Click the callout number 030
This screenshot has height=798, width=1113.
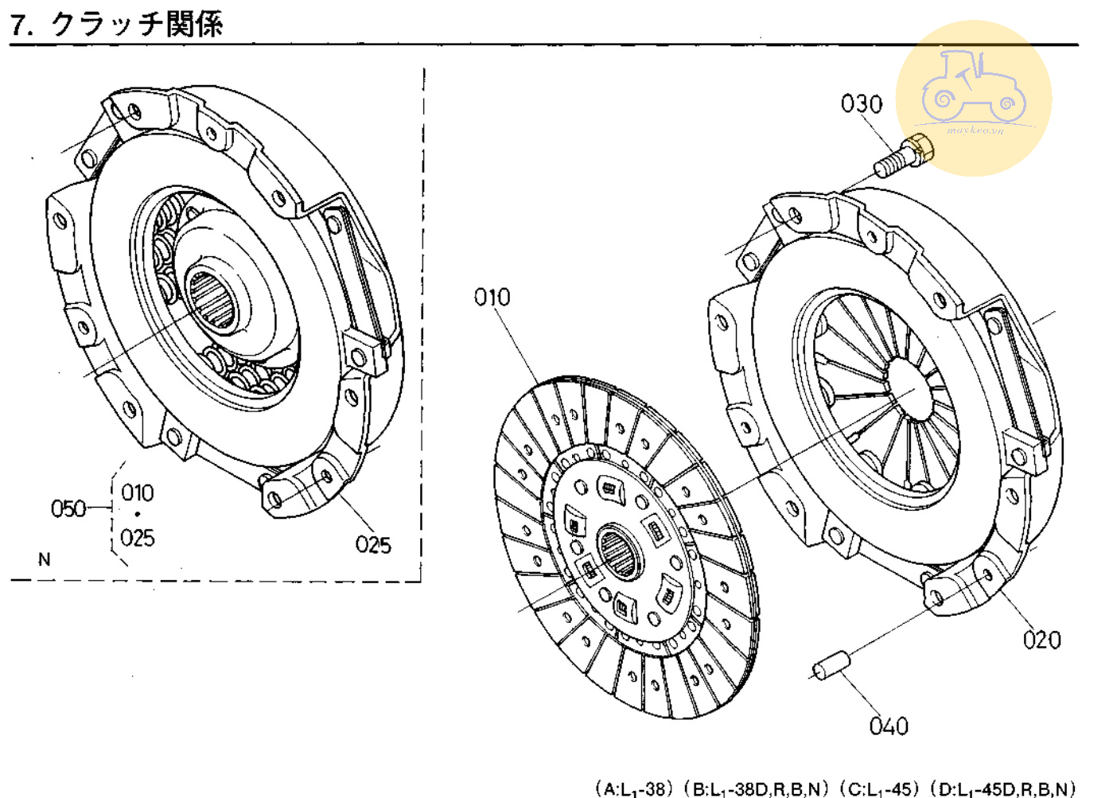pos(862,104)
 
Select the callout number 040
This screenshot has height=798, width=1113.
pos(889,726)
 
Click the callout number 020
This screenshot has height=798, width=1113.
pos(1041,640)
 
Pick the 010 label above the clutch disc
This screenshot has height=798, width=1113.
pos(492,298)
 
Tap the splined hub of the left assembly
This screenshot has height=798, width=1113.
pos(212,299)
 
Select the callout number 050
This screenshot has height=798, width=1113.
pos(68,508)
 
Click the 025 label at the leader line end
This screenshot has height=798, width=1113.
pos(373,545)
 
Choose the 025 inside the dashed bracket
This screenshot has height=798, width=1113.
pos(138,539)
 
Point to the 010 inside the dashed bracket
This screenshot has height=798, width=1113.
pos(138,492)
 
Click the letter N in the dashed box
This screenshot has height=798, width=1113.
pos(45,559)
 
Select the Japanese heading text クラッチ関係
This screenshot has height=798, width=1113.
pos(137,25)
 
